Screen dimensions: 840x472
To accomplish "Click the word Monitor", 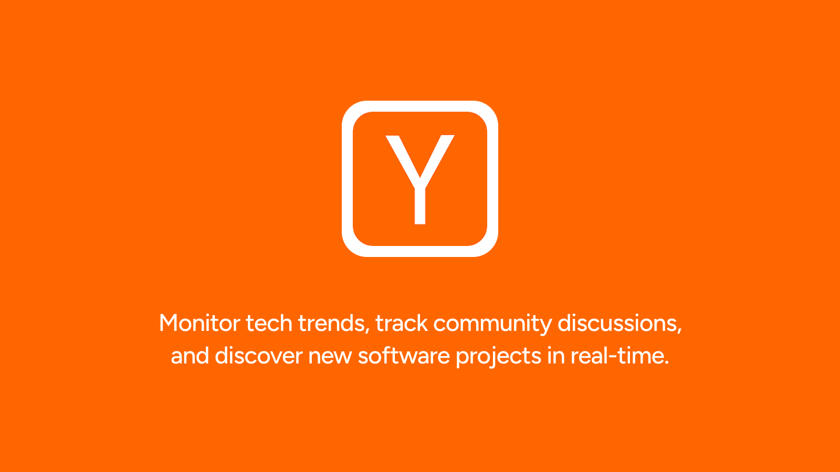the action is [x=199, y=323].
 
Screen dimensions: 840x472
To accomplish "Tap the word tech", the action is [x=269, y=323].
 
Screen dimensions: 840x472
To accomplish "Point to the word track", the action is [x=402, y=323].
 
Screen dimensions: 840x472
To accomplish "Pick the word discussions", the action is [x=617, y=323].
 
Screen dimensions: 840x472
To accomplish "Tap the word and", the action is [x=190, y=356].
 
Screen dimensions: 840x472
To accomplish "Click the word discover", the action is [x=259, y=356].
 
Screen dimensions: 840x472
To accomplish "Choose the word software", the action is [x=404, y=356].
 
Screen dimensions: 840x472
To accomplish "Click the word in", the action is [x=556, y=356].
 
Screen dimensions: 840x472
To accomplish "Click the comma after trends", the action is [x=367, y=330].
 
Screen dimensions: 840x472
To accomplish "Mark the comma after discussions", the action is [x=679, y=330].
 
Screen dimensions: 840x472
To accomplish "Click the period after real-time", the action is [x=666, y=362].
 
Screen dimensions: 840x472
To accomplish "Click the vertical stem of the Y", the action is [x=420, y=206].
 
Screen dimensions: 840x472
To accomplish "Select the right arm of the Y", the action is [x=437, y=160].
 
